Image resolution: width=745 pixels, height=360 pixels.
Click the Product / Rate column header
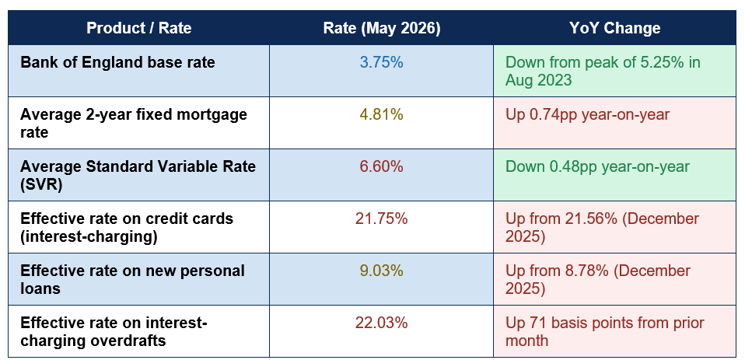pos(138,28)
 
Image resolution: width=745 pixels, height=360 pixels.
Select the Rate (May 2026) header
pos(382,28)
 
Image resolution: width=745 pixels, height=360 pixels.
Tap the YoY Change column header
pos(615,28)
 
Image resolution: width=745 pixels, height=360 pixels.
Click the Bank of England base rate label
pos(118,62)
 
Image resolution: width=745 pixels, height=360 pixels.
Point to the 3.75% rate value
pos(382,62)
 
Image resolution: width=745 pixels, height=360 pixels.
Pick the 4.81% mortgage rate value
pos(382,114)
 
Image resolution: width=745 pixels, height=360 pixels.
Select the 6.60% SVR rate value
pos(382,166)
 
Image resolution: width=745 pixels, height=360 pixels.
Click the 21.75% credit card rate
pos(382,219)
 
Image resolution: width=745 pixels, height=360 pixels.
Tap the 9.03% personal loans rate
pos(382,271)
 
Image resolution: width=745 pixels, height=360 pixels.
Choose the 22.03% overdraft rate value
pos(382,323)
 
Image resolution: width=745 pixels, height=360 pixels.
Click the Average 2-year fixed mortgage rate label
pos(134,123)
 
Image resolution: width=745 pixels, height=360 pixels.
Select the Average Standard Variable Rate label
pos(138,175)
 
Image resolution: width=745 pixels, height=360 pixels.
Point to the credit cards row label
pos(127,227)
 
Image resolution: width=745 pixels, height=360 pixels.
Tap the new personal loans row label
pos(132,279)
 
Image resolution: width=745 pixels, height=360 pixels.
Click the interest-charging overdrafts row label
pos(114,331)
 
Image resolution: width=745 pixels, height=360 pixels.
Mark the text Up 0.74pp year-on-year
pos(587,114)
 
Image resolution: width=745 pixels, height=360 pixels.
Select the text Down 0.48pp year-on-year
pos(597,166)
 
